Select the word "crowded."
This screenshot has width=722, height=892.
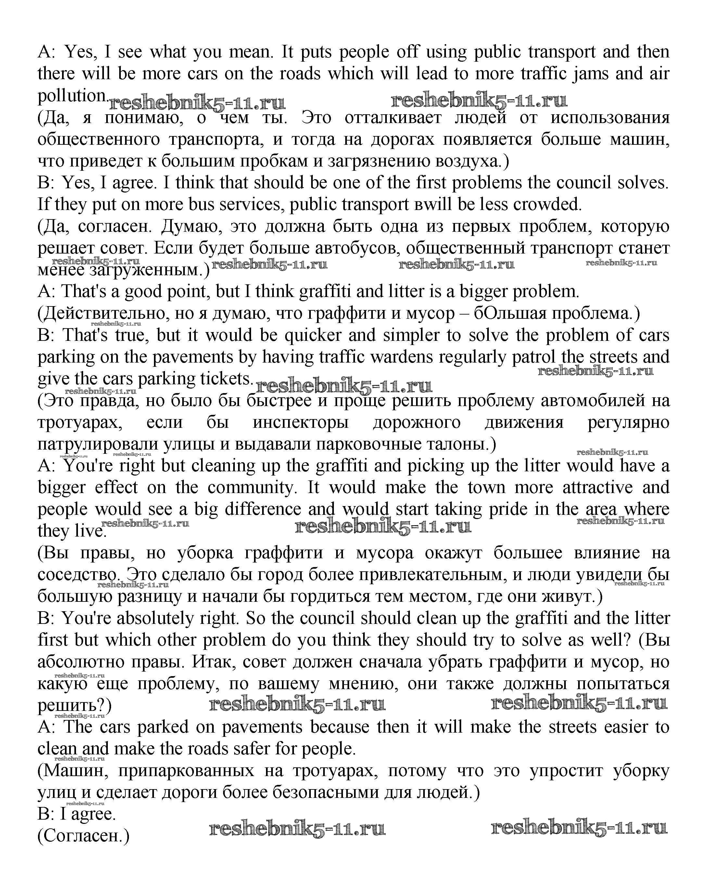547,204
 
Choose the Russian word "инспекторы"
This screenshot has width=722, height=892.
301,422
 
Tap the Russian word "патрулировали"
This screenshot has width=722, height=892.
98,444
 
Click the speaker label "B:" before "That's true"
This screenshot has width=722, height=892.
46,335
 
